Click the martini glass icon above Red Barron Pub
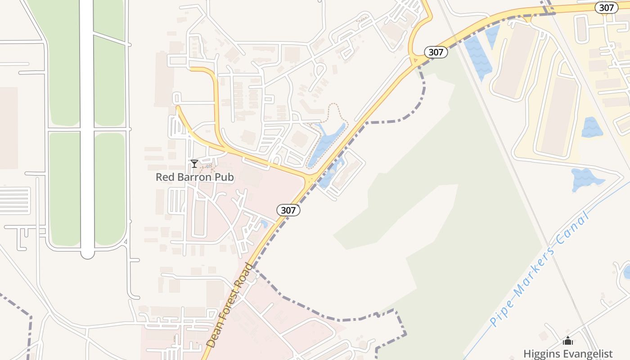[194, 164]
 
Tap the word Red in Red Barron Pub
[164, 177]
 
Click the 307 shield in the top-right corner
[606, 8]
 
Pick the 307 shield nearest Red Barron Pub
[288, 210]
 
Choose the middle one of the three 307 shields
[436, 52]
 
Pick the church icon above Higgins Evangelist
[568, 341]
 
